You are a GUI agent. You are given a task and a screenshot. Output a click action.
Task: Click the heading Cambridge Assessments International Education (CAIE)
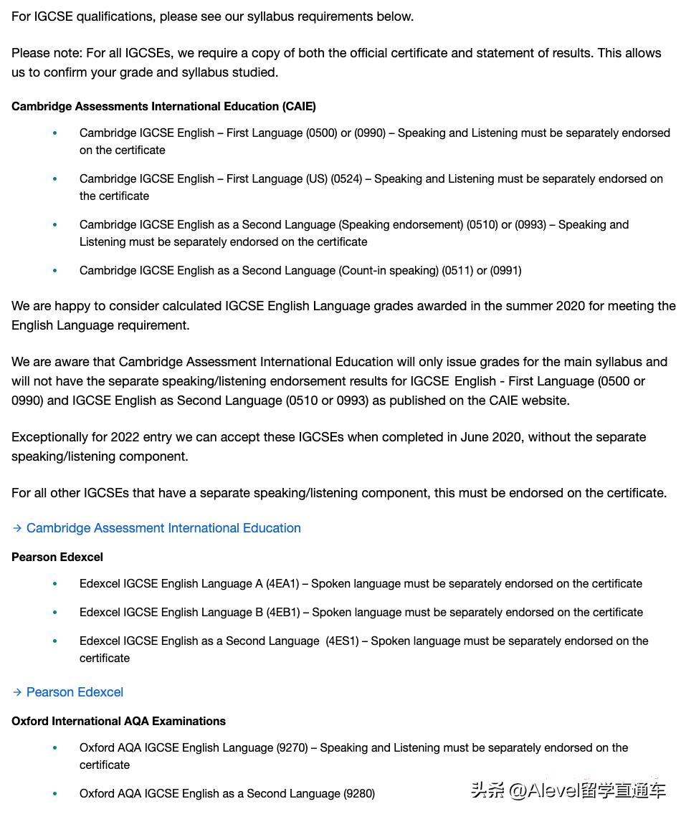(x=163, y=106)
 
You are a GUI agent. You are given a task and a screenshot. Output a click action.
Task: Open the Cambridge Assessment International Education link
(x=163, y=528)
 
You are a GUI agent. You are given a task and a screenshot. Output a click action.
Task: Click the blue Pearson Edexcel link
(x=75, y=692)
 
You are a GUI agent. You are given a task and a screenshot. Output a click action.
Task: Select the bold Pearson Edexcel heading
(x=57, y=557)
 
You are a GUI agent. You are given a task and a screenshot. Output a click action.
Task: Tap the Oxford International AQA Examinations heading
(x=118, y=721)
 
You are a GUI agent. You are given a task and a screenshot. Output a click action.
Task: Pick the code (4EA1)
(x=282, y=583)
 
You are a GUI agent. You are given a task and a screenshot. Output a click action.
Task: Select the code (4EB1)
(x=282, y=612)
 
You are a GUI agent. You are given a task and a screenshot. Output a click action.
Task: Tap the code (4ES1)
(x=342, y=641)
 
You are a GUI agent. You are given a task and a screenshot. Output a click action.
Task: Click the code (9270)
(x=292, y=747)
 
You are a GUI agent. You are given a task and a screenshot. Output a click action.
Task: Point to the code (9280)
(x=359, y=793)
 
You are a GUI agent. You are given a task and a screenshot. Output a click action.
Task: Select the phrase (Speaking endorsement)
(x=401, y=224)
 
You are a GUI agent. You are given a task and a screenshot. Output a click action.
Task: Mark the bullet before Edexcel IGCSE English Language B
(x=55, y=612)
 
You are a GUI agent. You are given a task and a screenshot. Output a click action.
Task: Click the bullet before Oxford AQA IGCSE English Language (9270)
(x=55, y=747)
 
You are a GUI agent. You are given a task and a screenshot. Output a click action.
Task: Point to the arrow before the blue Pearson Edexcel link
(x=17, y=692)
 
